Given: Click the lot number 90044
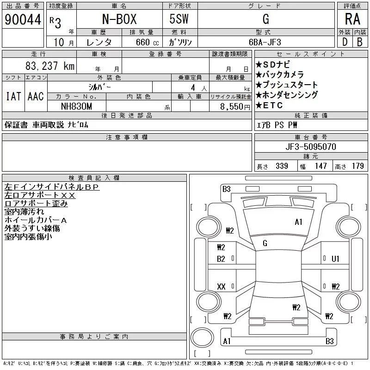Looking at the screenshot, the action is point(22,19).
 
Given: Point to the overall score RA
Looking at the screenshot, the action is point(352,19).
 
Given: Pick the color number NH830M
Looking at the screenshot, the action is point(77,106).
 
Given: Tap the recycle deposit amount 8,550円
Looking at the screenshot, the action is point(234,106).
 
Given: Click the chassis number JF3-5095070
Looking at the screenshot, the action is point(311,147).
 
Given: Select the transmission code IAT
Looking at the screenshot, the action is point(12,97).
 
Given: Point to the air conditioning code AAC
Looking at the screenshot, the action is point(36,97).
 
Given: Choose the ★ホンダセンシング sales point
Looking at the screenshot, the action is point(287,95).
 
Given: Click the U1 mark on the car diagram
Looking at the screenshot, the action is point(335,259).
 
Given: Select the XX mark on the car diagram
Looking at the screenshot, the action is point(221,287).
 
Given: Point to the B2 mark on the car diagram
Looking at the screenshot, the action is point(221,259).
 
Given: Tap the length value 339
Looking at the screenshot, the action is point(282,166).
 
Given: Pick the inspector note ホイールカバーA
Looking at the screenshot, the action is point(36,220).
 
